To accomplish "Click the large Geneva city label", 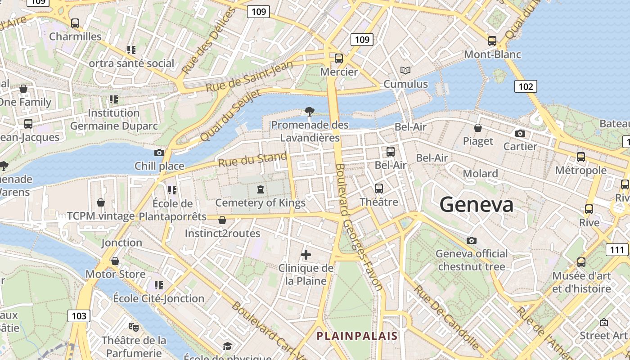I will pyautogui.click(x=476, y=205).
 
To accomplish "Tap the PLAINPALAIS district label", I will pyautogui.click(x=357, y=336).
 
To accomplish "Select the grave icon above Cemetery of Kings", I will pyautogui.click(x=260, y=189).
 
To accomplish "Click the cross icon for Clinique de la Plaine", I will pyautogui.click(x=306, y=255).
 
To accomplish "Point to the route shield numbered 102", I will pyautogui.click(x=526, y=86).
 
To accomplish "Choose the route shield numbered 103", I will pyautogui.click(x=79, y=315).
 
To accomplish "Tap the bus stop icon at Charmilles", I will pyautogui.click(x=75, y=23).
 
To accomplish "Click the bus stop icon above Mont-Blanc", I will pyautogui.click(x=492, y=41).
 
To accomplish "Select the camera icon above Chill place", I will pyautogui.click(x=159, y=153).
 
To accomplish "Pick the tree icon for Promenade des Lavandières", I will pyautogui.click(x=309, y=111).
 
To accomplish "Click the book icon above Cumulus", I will pyautogui.click(x=405, y=71).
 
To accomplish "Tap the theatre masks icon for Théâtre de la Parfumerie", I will pyautogui.click(x=133, y=326).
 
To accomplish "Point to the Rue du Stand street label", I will pyautogui.click(x=252, y=160).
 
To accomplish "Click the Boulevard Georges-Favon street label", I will pyautogui.click(x=358, y=227).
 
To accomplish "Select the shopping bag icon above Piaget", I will pyautogui.click(x=478, y=128).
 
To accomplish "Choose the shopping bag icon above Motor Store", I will pyautogui.click(x=115, y=261).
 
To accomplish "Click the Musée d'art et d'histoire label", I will pyautogui.click(x=581, y=282).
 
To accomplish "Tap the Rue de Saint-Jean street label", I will pyautogui.click(x=249, y=76).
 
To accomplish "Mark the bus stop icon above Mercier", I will pyautogui.click(x=339, y=58).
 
